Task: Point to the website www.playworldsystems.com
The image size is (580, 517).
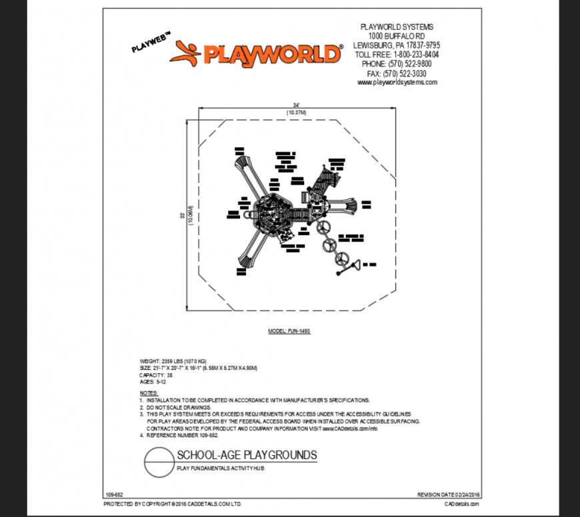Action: click(397, 83)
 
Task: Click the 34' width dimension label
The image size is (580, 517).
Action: click(296, 105)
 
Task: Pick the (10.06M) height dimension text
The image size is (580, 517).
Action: click(191, 215)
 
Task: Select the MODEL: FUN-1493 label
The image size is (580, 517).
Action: click(289, 331)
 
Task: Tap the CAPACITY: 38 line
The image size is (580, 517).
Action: click(156, 375)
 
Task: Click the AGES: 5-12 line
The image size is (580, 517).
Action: click(151, 382)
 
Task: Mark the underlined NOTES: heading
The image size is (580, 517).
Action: click(148, 393)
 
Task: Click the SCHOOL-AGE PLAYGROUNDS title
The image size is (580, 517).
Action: click(247, 456)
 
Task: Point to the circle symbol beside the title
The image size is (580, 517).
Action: click(158, 462)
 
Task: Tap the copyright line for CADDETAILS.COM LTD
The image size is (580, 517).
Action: click(173, 504)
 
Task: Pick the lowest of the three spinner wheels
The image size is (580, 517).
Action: click(341, 258)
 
